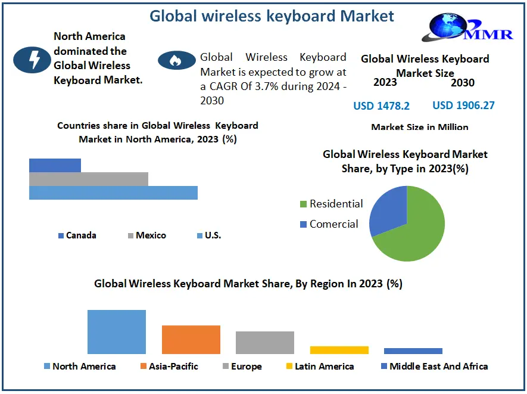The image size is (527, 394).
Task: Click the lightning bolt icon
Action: (x=32, y=58)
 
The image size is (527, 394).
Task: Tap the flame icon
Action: (x=176, y=60)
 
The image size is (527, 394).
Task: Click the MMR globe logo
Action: (x=450, y=27)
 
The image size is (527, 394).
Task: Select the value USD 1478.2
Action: (x=381, y=106)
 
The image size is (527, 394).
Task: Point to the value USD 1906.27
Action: (x=463, y=106)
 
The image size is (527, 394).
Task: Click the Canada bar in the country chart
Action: (x=55, y=165)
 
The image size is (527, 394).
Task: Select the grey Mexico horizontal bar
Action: (x=88, y=179)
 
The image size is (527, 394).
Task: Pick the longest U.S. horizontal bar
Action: (x=113, y=193)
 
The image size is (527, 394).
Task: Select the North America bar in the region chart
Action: (x=117, y=331)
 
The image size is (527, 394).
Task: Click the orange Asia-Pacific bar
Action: (x=191, y=339)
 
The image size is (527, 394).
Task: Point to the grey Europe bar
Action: (x=264, y=342)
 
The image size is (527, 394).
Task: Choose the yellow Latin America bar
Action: (x=339, y=350)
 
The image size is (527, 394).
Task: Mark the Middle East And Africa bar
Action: (x=413, y=351)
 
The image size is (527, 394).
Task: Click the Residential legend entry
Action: (x=331, y=204)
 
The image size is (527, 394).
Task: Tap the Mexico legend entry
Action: (x=146, y=235)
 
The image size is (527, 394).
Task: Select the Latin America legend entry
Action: (x=320, y=366)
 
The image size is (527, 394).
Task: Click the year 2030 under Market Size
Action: (x=462, y=83)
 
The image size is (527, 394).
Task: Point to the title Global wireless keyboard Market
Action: (x=272, y=15)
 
